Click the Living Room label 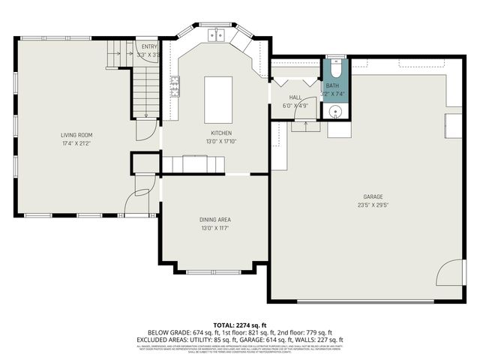tap(76, 135)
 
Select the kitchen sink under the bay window tap(217, 34)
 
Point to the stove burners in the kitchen tap(174, 87)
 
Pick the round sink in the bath tap(336, 112)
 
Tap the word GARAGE tap(373, 196)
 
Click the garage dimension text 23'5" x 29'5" tap(373, 205)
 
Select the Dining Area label tap(214, 219)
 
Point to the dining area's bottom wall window tap(214, 271)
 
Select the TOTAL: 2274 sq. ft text tap(239, 325)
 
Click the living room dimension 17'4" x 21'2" tap(76, 143)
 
